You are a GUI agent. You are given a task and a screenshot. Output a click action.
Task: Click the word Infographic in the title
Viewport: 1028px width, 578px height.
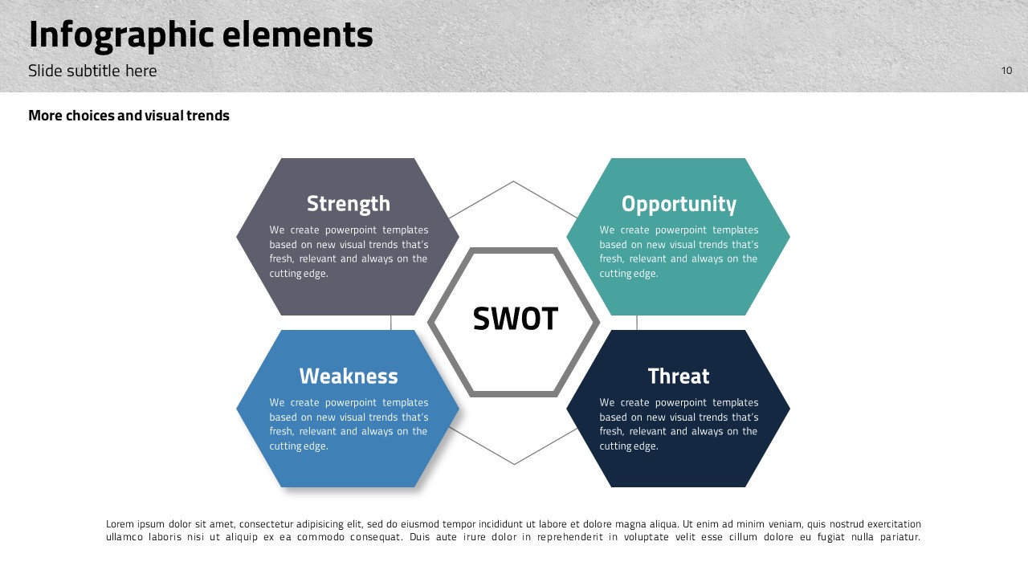click(x=120, y=35)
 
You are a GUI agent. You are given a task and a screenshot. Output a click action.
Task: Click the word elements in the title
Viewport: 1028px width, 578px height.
click(x=297, y=35)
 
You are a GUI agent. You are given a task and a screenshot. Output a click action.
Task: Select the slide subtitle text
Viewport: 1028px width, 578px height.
click(x=92, y=71)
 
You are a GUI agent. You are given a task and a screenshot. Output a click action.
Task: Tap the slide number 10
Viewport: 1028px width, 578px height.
click(x=1006, y=70)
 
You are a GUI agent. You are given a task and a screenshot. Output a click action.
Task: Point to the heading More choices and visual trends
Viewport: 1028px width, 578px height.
click(x=128, y=115)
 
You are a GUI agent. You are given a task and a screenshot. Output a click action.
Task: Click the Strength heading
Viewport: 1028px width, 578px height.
click(x=349, y=204)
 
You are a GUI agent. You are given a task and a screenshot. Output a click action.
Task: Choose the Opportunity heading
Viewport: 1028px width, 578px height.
click(x=679, y=204)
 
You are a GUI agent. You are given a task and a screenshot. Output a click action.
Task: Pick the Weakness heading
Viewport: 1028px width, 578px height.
click(x=349, y=377)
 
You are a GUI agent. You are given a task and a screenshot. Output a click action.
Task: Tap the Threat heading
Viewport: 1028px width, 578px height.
click(x=679, y=377)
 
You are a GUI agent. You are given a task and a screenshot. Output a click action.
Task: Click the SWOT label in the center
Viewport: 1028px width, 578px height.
click(x=515, y=319)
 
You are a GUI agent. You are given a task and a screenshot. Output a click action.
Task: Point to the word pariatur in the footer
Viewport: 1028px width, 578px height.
click(x=900, y=537)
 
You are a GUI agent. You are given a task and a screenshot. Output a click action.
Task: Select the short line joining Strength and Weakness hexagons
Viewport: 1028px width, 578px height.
click(x=391, y=323)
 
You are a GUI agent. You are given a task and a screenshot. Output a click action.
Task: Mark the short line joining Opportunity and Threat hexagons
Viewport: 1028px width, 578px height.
click(x=637, y=323)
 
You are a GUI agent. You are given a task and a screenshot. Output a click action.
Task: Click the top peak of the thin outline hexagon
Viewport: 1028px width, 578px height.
click(x=513, y=181)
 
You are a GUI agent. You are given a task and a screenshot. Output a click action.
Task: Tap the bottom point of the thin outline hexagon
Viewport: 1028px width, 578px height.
click(x=514, y=464)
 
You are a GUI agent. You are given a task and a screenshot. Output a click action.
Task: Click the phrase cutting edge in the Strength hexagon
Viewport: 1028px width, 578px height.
click(x=299, y=274)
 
